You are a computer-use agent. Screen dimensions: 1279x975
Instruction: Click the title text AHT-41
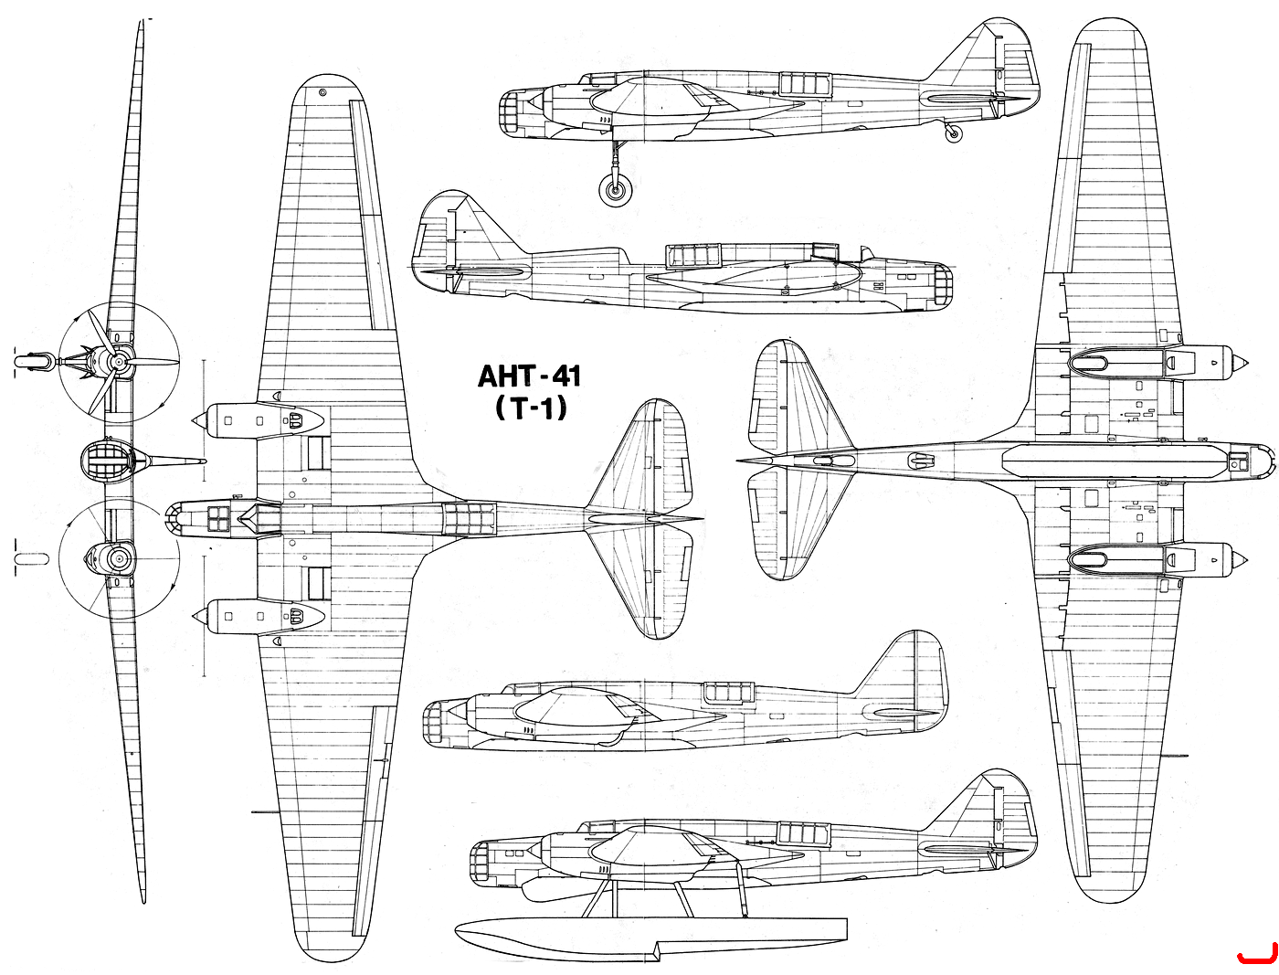pyautogui.click(x=528, y=376)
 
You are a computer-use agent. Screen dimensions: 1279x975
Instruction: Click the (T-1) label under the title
pyautogui.click(x=530, y=408)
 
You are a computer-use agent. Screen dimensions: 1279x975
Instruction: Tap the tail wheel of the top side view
pyautogui.click(x=952, y=134)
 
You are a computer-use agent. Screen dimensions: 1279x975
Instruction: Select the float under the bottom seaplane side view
pyautogui.click(x=650, y=935)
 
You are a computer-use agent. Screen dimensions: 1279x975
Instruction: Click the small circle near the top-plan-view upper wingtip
pyautogui.click(x=322, y=92)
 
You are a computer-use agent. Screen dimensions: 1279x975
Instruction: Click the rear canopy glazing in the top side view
pyautogui.click(x=804, y=84)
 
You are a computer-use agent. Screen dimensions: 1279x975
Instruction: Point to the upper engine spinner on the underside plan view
pyautogui.click(x=1238, y=363)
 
